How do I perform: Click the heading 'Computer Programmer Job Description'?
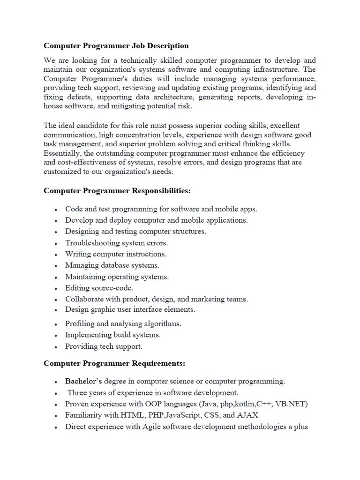tap(116, 46)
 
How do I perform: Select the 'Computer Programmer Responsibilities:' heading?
tap(117, 191)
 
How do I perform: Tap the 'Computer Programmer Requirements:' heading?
tap(114, 363)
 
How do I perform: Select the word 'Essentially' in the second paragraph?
tap(62, 153)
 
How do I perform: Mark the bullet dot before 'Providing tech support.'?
tap(56, 347)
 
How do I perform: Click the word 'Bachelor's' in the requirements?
tap(83, 381)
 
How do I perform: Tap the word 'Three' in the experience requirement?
tap(78, 393)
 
